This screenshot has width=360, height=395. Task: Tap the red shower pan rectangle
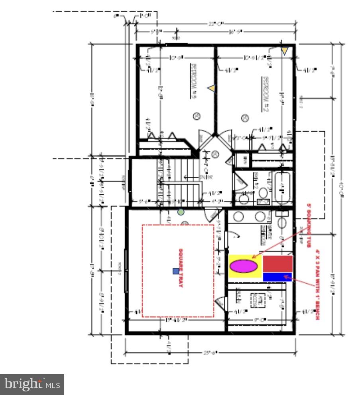point(278,263)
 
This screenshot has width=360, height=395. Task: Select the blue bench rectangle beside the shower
point(278,276)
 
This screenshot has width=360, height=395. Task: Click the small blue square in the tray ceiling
point(176,271)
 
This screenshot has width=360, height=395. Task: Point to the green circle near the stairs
point(181,212)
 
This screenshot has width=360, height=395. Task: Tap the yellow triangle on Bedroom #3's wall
point(211,88)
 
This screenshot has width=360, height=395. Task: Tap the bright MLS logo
point(32,384)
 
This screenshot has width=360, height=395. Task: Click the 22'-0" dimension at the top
point(216,24)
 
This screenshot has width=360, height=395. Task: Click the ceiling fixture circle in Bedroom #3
point(196,116)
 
